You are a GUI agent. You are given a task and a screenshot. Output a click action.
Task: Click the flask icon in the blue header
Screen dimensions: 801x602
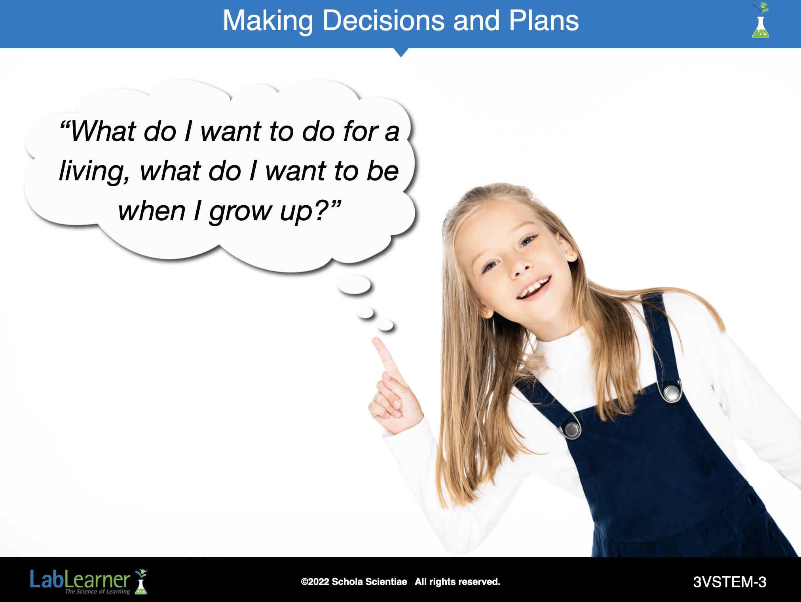[x=761, y=21]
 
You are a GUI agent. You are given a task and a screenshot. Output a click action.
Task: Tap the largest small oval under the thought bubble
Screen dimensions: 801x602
[x=354, y=285]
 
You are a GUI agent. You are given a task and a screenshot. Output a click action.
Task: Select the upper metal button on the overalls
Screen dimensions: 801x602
[x=671, y=392]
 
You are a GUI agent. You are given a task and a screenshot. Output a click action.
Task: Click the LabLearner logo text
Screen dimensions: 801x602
[x=80, y=580]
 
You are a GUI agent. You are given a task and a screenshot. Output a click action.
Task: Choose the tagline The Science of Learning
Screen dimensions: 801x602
[x=97, y=592]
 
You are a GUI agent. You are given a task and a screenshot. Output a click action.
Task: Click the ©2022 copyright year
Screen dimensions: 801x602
[x=315, y=582]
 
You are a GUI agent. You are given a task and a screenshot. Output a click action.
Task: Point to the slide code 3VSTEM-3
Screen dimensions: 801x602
[x=730, y=582]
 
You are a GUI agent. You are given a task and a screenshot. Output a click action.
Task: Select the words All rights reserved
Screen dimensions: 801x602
[x=457, y=582]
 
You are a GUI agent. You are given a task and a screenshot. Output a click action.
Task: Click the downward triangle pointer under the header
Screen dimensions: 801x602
[x=401, y=53]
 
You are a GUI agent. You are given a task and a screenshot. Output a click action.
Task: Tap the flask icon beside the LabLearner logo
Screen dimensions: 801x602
[x=141, y=582]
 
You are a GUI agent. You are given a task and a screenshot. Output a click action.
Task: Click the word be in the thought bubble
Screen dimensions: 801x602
[x=383, y=171]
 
